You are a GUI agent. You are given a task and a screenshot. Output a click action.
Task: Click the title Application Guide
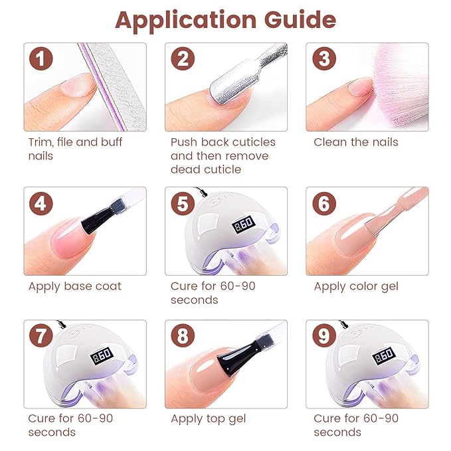[225, 20]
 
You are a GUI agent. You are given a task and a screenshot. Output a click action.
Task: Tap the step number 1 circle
[42, 59]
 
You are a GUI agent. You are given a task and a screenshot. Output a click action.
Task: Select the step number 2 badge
[183, 59]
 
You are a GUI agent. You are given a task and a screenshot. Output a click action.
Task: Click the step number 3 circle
[324, 59]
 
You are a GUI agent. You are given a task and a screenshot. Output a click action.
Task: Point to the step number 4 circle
[42, 203]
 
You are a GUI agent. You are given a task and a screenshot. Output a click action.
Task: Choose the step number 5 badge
[183, 203]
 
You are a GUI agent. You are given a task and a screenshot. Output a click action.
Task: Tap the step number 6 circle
[324, 203]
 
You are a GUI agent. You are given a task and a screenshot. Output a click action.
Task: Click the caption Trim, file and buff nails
[74, 149]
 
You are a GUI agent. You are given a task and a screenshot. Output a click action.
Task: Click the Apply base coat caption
[74, 286]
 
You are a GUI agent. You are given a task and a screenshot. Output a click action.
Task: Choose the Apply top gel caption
[208, 418]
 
